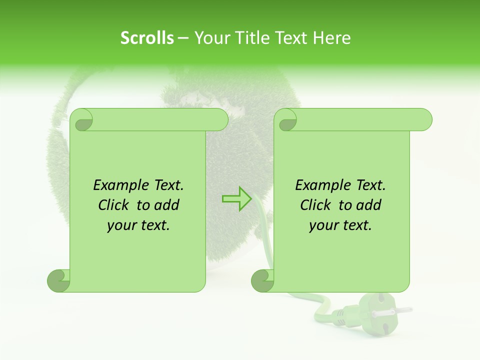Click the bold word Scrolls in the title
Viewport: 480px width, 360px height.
pos(147,38)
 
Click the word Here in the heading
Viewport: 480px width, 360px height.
pos(332,38)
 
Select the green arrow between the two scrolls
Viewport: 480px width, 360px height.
pos(236,198)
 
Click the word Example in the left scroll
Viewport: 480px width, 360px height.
pos(116,185)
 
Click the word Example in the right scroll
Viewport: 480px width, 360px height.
pos(318,185)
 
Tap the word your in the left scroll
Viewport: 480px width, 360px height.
pos(120,225)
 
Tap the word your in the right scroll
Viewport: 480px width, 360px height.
pos(322,225)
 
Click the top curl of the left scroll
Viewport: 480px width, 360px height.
pos(81,120)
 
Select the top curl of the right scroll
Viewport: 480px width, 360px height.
pos(286,120)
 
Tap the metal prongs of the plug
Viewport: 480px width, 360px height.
pos(397,311)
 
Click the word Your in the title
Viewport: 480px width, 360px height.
pos(208,38)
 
